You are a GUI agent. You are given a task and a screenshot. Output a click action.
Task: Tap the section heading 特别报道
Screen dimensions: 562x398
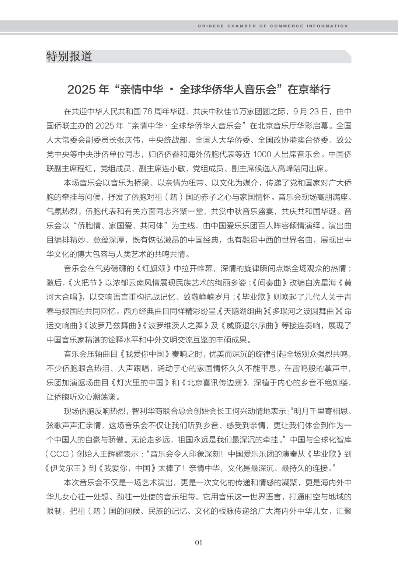69,56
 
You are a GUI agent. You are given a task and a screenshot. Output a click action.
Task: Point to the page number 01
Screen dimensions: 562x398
199,542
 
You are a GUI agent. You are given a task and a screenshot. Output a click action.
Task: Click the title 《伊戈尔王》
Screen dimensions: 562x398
69,468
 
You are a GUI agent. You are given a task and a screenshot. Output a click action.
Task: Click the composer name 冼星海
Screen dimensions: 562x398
325,283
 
